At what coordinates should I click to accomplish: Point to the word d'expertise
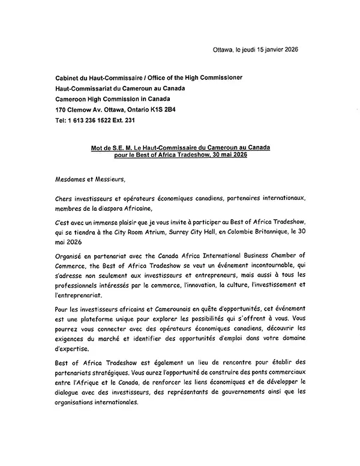click(x=71, y=347)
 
